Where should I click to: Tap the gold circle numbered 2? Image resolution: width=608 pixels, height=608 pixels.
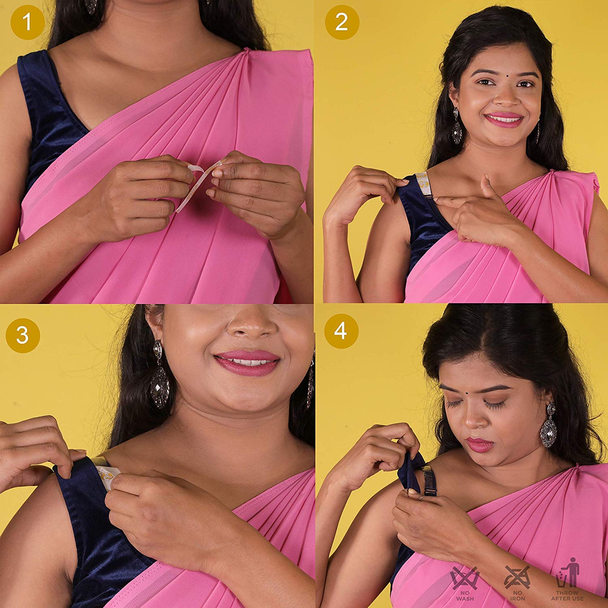click(342, 22)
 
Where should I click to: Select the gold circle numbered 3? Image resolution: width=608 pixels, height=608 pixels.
click(23, 336)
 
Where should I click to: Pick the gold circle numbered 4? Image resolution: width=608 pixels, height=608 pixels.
click(341, 331)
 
